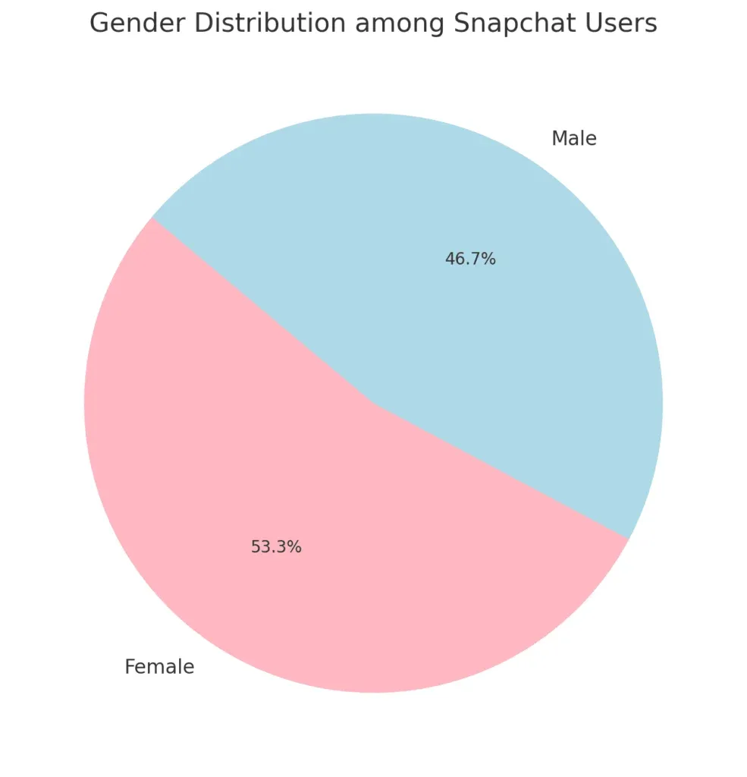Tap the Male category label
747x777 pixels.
click(573, 139)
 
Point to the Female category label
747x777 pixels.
click(159, 667)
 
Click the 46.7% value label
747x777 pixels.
click(470, 260)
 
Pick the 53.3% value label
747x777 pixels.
click(276, 547)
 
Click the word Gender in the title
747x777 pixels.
click(137, 24)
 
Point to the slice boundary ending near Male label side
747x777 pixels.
click(262, 310)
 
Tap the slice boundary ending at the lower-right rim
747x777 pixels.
click(501, 470)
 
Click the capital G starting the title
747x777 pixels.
click(99, 24)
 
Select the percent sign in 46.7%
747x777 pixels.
click(489, 260)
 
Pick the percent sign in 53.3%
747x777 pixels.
click(295, 547)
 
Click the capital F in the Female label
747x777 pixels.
click(130, 667)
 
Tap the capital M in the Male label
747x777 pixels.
click(559, 139)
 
